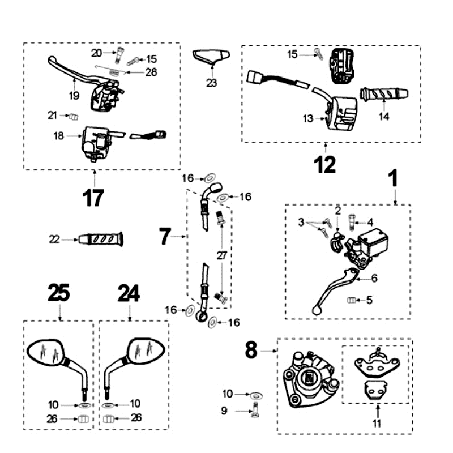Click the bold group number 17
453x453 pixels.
coord(93,198)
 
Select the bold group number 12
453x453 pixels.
coord(325,164)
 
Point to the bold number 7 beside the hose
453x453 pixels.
coord(165,236)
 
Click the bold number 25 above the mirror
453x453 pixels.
coord(59,293)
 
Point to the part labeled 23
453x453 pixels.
coord(211,57)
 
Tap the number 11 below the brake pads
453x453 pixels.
coord(377,422)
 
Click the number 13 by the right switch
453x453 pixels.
coord(307,118)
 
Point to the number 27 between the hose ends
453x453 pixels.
coord(221,255)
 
